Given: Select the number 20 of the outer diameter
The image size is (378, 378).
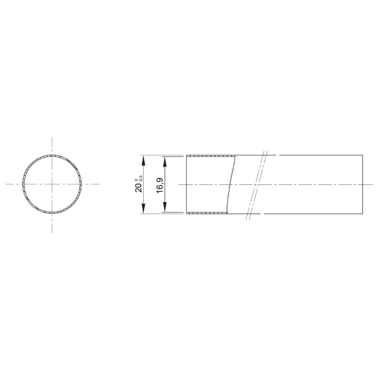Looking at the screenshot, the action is point(139,187).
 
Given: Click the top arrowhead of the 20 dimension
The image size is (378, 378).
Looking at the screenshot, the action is point(144,160).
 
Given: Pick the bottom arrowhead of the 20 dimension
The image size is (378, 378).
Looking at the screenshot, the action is point(144,209).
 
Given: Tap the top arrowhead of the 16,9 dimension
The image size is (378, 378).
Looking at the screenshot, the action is point(165,162).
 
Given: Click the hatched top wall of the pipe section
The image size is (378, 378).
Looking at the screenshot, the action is point(211,156).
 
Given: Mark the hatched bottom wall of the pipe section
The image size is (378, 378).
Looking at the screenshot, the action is point(207,213).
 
